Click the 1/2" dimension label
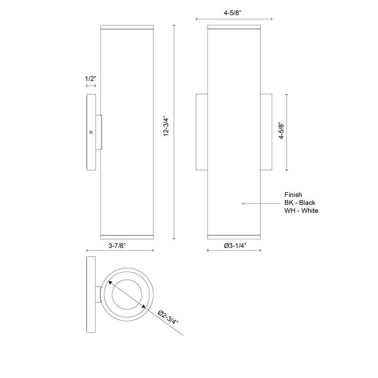[x=91, y=79]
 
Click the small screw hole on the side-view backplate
[x=91, y=132]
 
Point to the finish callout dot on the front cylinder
[x=244, y=203]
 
